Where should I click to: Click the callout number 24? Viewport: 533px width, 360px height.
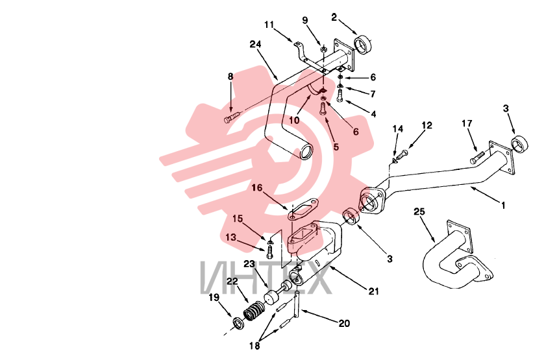click(255, 44)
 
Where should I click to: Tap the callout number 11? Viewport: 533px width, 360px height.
click(269, 25)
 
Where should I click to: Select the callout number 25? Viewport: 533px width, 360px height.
click(419, 211)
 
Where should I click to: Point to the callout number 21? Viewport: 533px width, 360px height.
click(373, 291)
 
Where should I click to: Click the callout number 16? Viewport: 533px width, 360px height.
click(257, 187)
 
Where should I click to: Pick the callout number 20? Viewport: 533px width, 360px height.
click(344, 323)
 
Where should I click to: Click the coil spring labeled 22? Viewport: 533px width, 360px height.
click(254, 312)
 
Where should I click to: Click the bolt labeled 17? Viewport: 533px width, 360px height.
click(477, 158)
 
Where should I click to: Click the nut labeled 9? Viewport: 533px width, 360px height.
click(323, 49)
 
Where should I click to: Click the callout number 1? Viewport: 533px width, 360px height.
click(503, 205)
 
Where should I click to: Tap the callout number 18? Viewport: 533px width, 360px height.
click(254, 346)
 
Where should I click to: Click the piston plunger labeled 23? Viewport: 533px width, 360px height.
click(277, 294)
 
